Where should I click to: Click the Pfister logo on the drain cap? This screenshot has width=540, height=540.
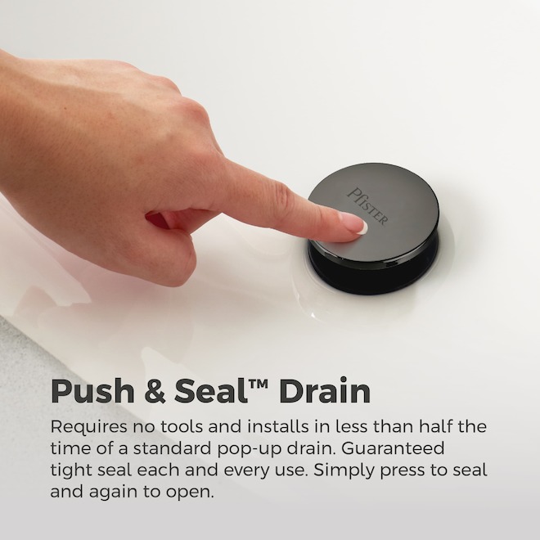point(367,206)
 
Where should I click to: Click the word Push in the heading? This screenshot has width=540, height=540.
point(92,392)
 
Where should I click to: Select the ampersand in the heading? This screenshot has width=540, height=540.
point(155,392)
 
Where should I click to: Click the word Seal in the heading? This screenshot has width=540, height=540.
point(211,391)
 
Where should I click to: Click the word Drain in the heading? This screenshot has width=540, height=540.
point(325,391)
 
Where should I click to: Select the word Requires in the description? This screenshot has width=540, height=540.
point(88,427)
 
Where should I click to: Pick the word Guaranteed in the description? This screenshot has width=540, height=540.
point(393,448)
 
